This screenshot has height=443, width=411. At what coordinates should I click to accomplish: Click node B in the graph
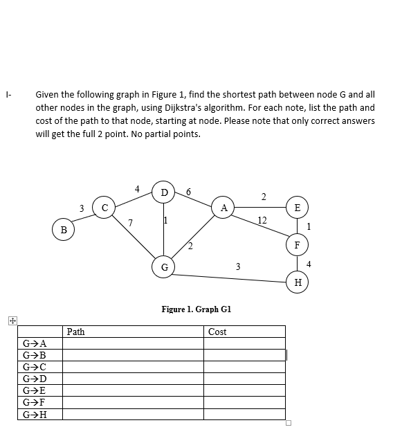(x=64, y=229)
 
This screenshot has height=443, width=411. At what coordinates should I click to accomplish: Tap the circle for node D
(x=164, y=192)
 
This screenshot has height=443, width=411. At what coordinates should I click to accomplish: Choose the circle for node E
(x=298, y=207)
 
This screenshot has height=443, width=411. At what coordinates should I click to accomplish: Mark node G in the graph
(x=164, y=266)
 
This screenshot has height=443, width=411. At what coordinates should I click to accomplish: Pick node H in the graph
(x=298, y=282)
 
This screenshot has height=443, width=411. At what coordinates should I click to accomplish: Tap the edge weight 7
(x=129, y=223)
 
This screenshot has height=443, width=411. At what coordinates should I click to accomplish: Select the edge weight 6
(x=188, y=192)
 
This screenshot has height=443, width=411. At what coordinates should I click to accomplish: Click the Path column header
(x=76, y=332)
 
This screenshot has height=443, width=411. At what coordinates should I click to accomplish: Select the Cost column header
(x=217, y=332)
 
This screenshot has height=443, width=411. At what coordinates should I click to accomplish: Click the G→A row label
(x=35, y=343)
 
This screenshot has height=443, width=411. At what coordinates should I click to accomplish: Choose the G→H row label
(x=35, y=414)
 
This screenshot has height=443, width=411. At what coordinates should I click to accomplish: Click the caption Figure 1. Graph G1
(x=196, y=309)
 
